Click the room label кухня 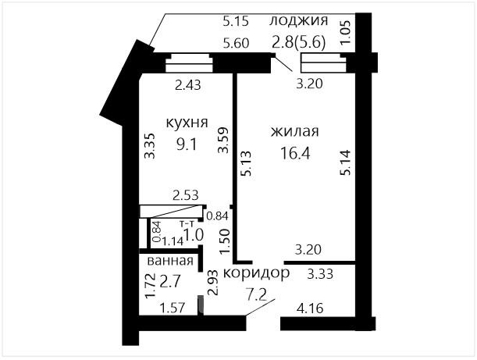click(x=187, y=123)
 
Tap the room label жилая click(x=295, y=131)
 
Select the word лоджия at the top click(x=299, y=21)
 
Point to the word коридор click(x=256, y=273)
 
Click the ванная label click(x=170, y=261)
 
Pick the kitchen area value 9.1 click(x=187, y=144)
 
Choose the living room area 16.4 click(x=295, y=153)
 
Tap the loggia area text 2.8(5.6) click(x=299, y=42)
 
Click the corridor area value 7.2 click(x=256, y=294)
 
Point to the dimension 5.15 click(x=236, y=22)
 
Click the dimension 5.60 click(x=236, y=43)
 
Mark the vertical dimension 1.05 click(x=346, y=33)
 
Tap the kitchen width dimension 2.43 click(x=188, y=85)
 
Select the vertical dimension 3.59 click(x=223, y=140)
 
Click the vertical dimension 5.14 click(x=346, y=162)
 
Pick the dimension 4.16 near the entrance click(x=310, y=308)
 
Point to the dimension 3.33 click(x=320, y=274)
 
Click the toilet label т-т click(x=187, y=223)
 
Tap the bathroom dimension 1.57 click(x=173, y=308)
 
